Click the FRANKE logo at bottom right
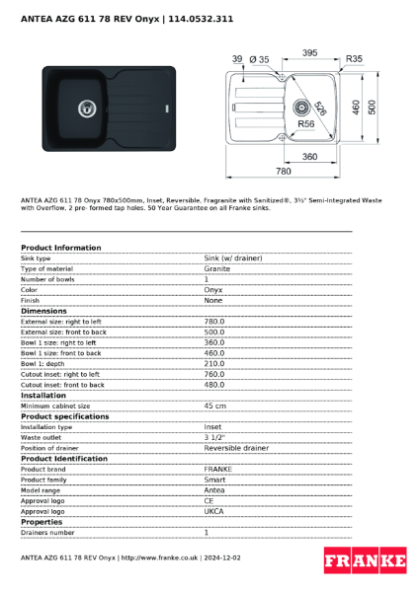[x=365, y=561]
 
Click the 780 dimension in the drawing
[x=284, y=171]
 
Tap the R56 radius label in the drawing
[x=306, y=124]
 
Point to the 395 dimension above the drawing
[x=309, y=52]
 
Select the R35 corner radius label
[x=354, y=59]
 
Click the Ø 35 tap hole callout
[x=259, y=59]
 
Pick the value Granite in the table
[x=217, y=268]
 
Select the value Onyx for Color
[x=213, y=290]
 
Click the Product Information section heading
[x=61, y=248]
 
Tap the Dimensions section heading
[x=44, y=311]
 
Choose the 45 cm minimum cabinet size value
[x=214, y=406]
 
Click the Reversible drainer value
[x=236, y=448]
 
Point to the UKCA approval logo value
[x=214, y=511]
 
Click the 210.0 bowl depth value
[x=214, y=363]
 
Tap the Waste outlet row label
[x=42, y=437]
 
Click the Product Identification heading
[x=64, y=459]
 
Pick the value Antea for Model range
[x=214, y=490]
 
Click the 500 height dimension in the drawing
[x=371, y=107]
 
